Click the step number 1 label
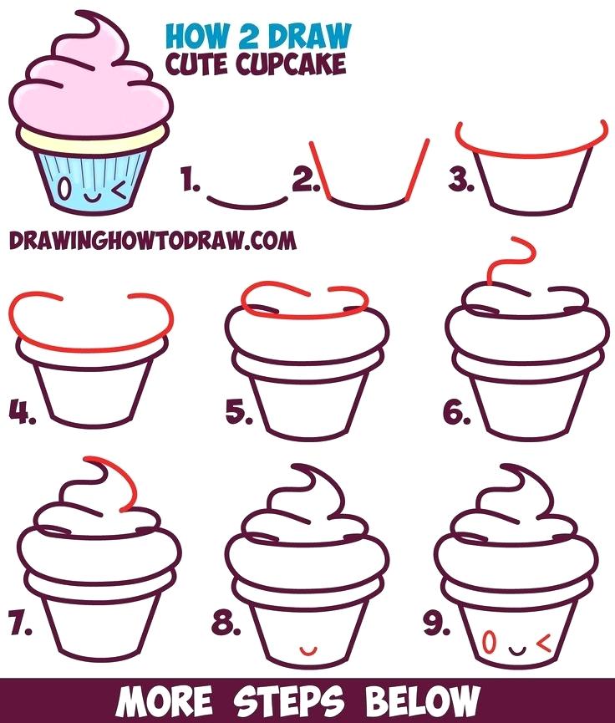(190, 180)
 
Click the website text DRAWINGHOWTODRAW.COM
(153, 241)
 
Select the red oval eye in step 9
(490, 643)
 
